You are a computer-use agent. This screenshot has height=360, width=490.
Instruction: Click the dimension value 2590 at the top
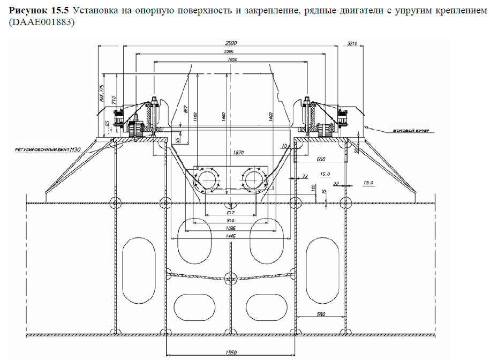(231, 43)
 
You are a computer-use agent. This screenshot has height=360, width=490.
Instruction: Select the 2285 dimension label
(231, 51)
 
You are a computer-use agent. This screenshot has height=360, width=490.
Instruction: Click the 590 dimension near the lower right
(320, 314)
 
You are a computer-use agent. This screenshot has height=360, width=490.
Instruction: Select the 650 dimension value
(321, 159)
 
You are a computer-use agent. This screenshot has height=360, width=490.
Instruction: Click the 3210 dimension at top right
(352, 43)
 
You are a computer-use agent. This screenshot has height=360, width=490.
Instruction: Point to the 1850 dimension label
(232, 60)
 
